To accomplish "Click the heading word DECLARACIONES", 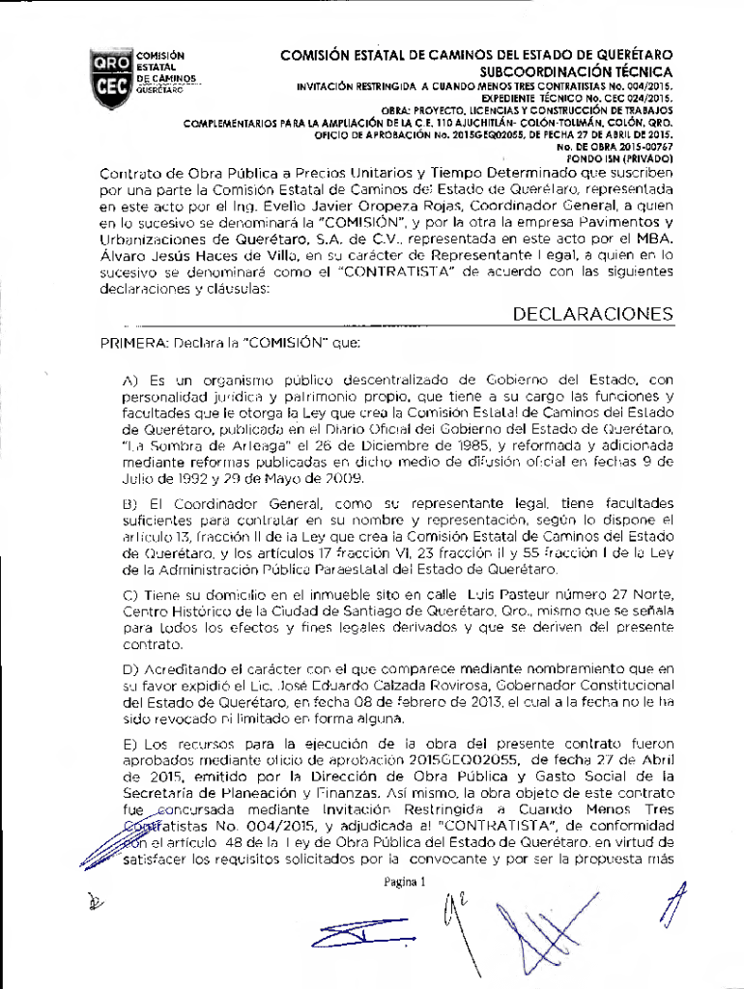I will tap(593, 315).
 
